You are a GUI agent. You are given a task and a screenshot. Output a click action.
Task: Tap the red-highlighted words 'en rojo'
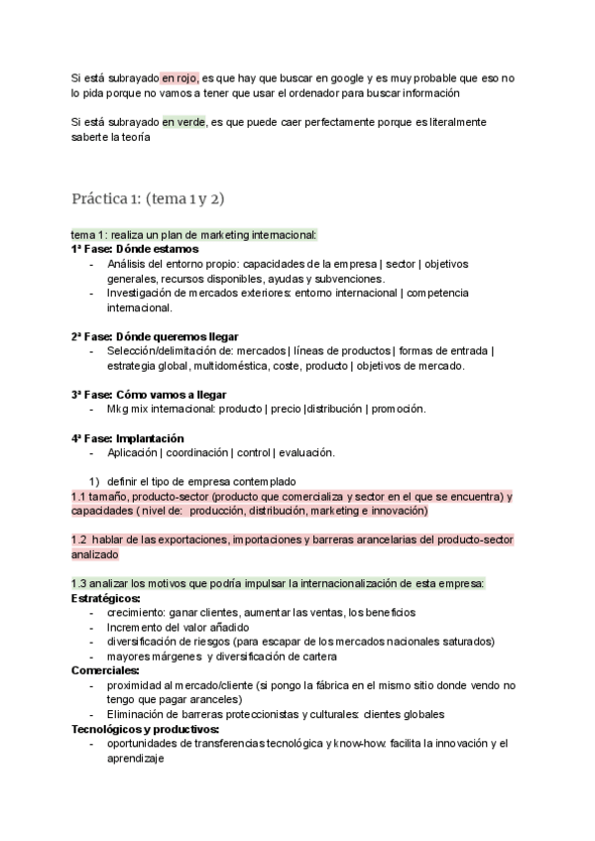point(179,77)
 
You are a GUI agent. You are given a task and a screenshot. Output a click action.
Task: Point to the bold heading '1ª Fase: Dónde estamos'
point(135,249)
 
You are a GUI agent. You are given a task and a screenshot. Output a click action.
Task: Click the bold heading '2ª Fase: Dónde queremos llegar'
point(155,336)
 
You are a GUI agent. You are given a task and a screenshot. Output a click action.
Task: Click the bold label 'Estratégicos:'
point(106,598)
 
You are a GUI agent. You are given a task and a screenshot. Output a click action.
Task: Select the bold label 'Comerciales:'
point(104,670)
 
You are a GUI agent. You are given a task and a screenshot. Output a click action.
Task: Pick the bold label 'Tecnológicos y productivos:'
point(145,729)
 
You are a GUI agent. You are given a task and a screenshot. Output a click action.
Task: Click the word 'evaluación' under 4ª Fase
point(304,453)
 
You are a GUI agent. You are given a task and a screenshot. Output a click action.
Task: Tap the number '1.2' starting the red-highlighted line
point(80,540)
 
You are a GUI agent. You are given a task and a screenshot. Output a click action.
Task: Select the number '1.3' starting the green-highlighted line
point(80,583)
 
